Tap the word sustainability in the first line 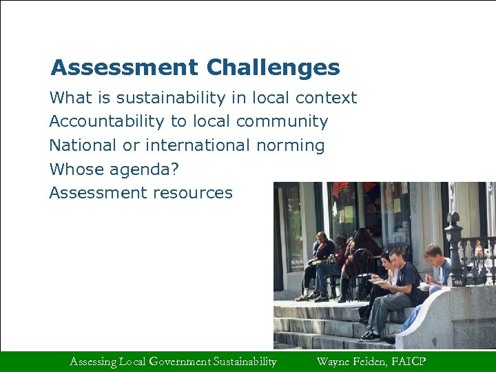pyautogui.click(x=172, y=98)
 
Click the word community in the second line pyautogui.click(x=282, y=122)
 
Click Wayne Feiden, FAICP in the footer pyautogui.click(x=371, y=361)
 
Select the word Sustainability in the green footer pyautogui.click(x=245, y=361)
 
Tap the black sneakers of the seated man pyautogui.click(x=369, y=335)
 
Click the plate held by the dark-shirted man pyautogui.click(x=378, y=280)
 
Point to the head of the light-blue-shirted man pyautogui.click(x=433, y=251)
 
